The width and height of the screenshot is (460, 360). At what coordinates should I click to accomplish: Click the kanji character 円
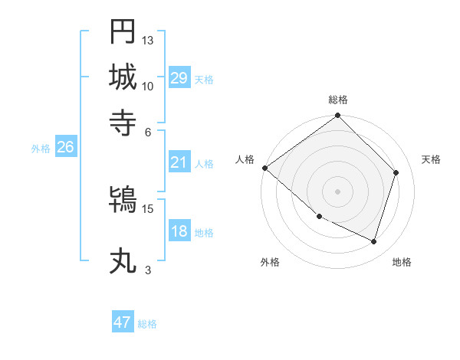click(x=123, y=32)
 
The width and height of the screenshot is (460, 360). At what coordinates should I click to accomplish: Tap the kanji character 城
click(x=123, y=77)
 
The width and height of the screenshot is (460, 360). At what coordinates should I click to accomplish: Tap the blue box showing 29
click(x=179, y=78)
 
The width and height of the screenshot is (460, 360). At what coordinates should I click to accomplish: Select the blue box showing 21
click(x=179, y=162)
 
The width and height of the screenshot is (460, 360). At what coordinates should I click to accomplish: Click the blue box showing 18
click(x=179, y=232)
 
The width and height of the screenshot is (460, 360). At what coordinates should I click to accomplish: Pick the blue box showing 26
click(x=65, y=148)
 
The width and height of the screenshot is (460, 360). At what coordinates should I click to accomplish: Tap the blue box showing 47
click(x=123, y=322)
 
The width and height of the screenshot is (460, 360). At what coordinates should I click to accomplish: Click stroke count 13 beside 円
click(x=148, y=40)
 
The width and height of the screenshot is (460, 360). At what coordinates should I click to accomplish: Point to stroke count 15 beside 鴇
click(x=148, y=208)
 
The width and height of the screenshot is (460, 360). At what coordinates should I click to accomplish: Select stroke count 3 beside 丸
click(x=148, y=270)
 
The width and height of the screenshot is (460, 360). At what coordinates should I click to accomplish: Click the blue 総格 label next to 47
click(x=147, y=324)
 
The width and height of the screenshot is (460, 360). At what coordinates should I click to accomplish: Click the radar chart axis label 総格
click(x=337, y=100)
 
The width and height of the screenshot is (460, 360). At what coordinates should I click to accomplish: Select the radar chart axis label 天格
click(x=432, y=159)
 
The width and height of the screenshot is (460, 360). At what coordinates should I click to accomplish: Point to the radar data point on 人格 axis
click(x=264, y=168)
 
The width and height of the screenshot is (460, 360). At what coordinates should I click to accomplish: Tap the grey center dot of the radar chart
click(x=337, y=191)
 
